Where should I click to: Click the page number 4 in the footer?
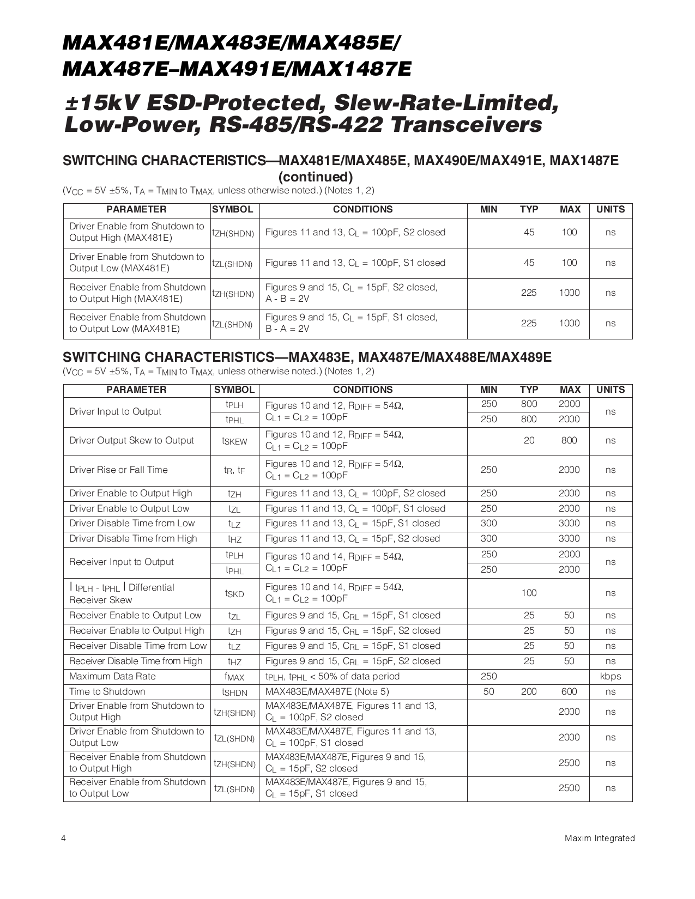64,838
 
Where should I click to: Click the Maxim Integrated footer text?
600,838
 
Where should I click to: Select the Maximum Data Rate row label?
112,676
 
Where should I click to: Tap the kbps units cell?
611,676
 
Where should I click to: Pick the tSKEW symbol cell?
234,441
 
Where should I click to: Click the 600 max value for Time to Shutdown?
569,691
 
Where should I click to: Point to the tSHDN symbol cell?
234,692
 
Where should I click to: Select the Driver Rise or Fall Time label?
118,470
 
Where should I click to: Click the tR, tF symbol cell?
234,470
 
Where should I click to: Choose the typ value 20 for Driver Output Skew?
529,440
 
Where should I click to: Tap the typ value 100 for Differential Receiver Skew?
529,593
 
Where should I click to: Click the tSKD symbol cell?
234,593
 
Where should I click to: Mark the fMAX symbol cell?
234,677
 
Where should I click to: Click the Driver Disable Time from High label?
133,538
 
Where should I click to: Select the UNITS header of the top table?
611,209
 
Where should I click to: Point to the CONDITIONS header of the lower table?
362,390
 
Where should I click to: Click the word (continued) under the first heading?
316,177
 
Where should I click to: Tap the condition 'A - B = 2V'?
287,299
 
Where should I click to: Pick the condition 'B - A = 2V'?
287,329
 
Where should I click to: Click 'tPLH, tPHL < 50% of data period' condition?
333,676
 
